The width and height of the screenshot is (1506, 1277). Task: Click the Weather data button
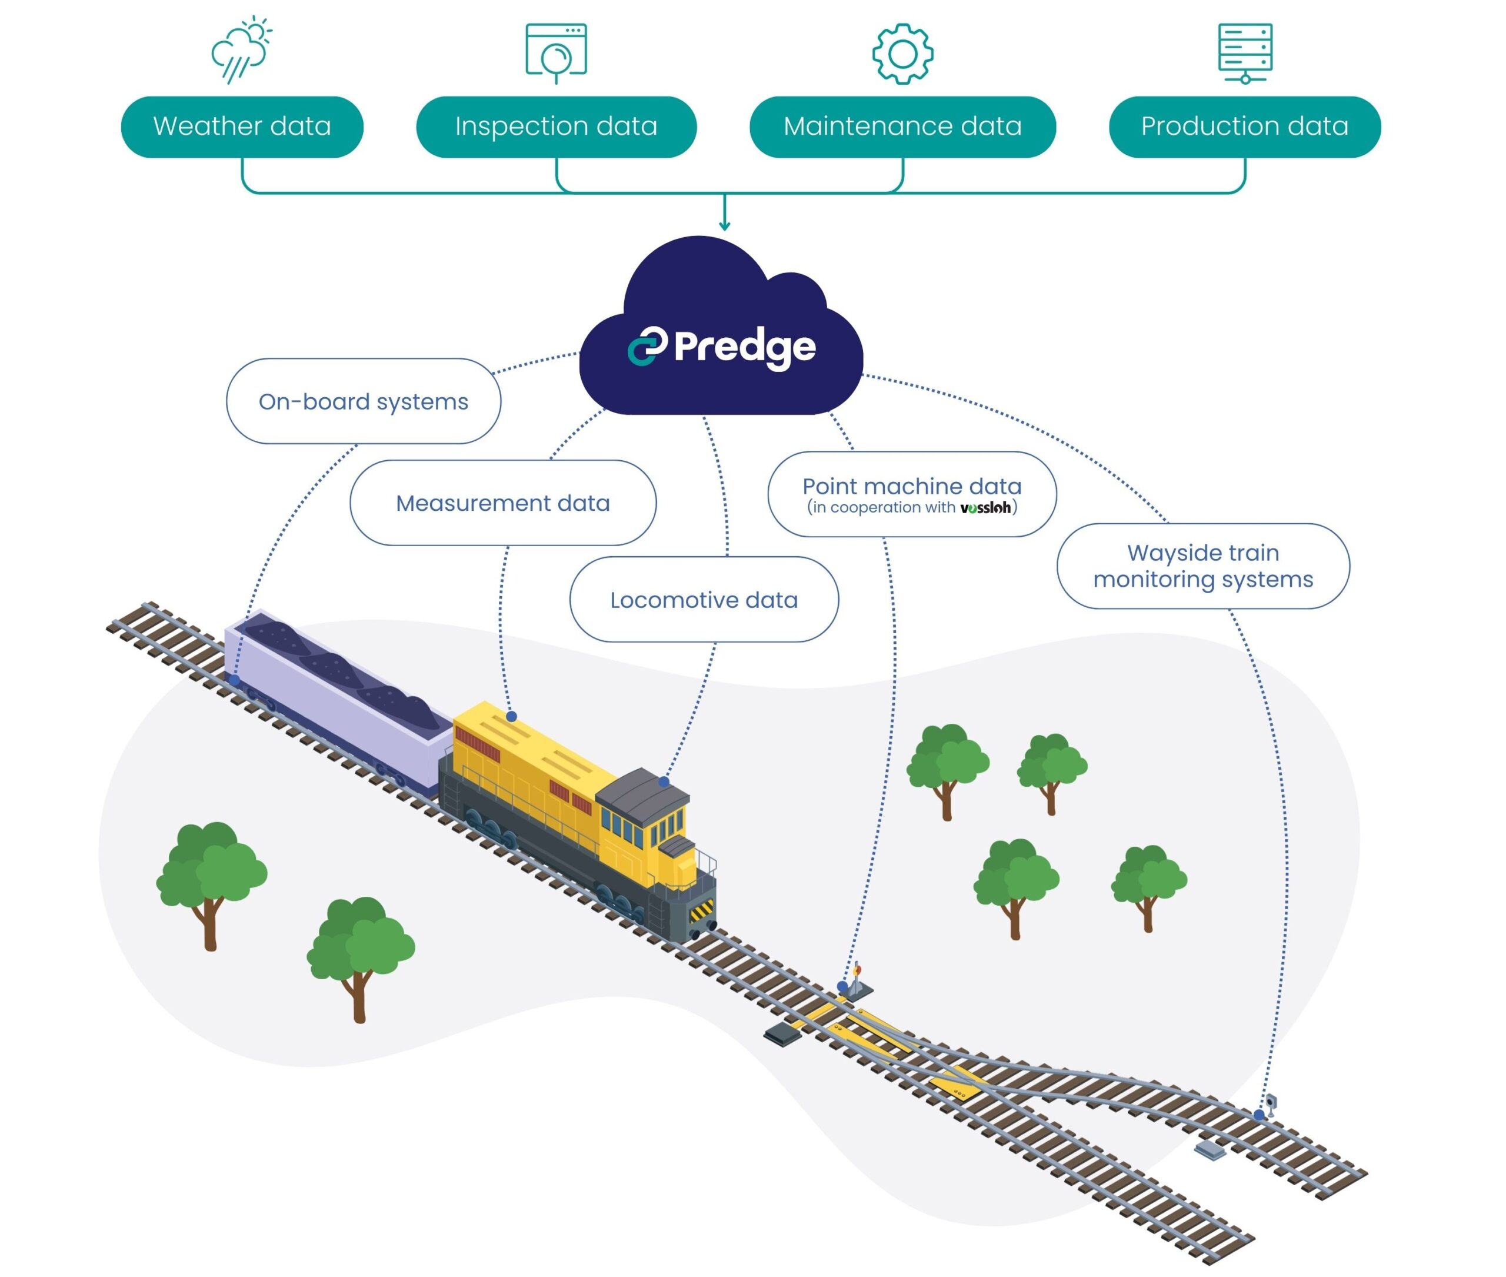pos(242,127)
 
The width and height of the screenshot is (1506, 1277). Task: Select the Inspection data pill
pos(556,127)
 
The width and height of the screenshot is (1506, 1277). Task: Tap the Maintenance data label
pos(902,127)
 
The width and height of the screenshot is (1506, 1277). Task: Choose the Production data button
pos(1244,127)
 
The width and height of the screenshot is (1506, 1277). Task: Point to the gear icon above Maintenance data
pos(902,54)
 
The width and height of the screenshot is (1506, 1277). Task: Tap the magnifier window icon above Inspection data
pos(556,52)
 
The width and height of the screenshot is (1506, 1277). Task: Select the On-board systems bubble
pos(364,401)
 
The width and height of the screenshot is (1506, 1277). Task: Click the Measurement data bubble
pos(502,503)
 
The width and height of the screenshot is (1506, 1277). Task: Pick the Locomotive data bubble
pos(704,600)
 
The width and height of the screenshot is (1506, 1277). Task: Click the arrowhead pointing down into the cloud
pos(724,226)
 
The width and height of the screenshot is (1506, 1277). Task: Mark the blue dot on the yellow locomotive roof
pos(511,716)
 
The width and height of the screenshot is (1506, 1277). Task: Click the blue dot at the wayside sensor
pos(1260,1115)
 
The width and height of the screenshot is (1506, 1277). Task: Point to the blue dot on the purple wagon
pos(235,680)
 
